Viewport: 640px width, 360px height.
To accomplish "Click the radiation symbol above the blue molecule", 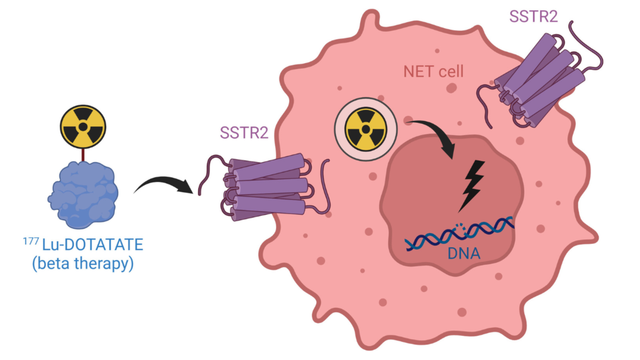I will coord(83,127).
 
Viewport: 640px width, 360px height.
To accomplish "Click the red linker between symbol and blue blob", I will coord(83,155).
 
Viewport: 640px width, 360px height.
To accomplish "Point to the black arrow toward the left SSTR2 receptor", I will coord(164,184).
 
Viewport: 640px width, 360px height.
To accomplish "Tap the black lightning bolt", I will coord(472,184).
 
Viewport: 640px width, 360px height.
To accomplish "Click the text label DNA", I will coord(464,254).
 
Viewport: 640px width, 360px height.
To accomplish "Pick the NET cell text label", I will coord(433,72).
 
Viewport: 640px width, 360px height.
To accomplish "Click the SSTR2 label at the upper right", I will coord(533,17).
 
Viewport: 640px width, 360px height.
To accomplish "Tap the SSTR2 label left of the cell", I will coord(244,133).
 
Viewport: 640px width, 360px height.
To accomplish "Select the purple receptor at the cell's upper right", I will coord(540,80).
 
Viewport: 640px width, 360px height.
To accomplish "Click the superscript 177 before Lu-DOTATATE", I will coord(31,241).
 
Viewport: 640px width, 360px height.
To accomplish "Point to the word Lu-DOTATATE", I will coord(92,244).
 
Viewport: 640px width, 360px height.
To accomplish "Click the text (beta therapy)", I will coord(83,264).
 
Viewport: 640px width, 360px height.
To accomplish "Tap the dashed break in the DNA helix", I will coord(461,226).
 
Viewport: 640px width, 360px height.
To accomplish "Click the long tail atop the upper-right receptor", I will coord(588,44).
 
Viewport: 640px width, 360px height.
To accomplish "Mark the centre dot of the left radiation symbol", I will coord(83,127).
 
